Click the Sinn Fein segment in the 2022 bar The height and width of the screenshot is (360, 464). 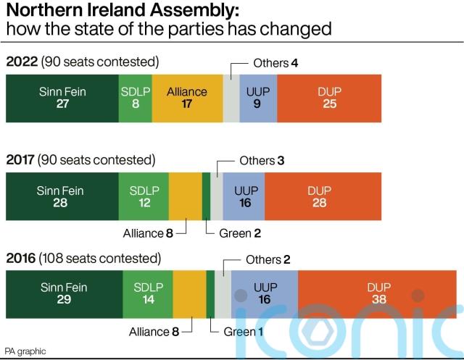pos(62,98)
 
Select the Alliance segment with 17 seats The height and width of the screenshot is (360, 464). pos(187,98)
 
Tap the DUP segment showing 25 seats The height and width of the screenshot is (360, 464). pos(329,98)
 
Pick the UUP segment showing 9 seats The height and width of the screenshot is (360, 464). pos(257,98)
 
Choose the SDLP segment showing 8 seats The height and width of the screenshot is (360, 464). pos(135,98)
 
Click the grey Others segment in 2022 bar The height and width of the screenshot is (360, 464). pos(231,98)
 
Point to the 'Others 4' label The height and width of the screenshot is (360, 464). pos(275,63)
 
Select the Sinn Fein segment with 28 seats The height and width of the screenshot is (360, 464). pos(62,196)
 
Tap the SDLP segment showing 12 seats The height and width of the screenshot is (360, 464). pos(144,196)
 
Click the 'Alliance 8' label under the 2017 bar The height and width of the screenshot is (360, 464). pos(149,233)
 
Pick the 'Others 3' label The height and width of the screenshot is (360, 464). pos(262,161)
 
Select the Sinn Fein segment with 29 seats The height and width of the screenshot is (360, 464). pos(64,293)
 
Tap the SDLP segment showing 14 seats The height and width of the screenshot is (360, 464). pos(148,293)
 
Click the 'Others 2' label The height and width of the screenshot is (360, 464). pos(268,259)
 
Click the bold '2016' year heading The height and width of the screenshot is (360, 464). pos(20,258)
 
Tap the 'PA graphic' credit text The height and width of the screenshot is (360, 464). pos(25,351)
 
